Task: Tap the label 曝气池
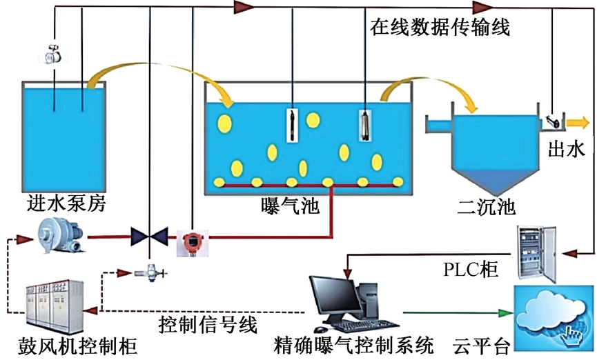pos(290,205)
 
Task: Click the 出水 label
pos(567,148)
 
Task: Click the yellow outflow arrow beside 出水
pos(577,123)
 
